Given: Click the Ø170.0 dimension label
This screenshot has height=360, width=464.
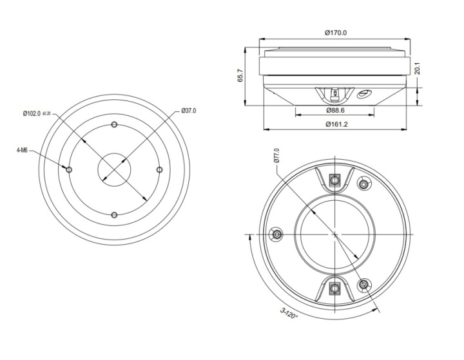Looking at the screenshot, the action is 336,33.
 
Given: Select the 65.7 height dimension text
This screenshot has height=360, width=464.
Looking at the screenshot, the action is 240,75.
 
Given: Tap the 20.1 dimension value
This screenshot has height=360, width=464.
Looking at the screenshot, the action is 417,68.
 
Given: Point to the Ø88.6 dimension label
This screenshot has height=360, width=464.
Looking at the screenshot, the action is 335,110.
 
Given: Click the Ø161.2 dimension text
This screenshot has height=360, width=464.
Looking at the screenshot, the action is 336,124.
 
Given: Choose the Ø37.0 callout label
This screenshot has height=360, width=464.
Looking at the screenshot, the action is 188,111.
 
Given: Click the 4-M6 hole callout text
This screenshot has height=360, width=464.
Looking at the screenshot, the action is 22,151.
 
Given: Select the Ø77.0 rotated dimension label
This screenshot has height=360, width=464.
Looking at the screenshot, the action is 276,156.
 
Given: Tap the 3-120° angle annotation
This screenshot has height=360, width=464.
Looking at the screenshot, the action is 289,314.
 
